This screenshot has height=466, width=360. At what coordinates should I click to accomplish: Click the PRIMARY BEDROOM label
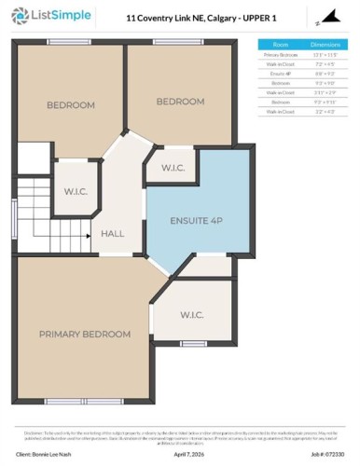(x=84, y=334)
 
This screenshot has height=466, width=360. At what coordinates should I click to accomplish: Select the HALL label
(x=112, y=234)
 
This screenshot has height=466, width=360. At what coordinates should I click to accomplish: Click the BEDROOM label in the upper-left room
(x=71, y=105)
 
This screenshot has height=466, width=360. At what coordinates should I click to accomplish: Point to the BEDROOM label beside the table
(x=180, y=101)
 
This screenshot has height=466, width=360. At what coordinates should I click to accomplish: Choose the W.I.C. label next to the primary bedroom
(x=192, y=315)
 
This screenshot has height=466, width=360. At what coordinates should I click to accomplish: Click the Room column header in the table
(x=277, y=44)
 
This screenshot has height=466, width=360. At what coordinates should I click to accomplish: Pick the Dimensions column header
(x=325, y=44)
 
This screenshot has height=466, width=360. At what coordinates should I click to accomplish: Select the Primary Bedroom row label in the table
(x=277, y=55)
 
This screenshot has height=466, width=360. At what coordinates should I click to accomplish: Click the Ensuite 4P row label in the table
(x=277, y=73)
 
